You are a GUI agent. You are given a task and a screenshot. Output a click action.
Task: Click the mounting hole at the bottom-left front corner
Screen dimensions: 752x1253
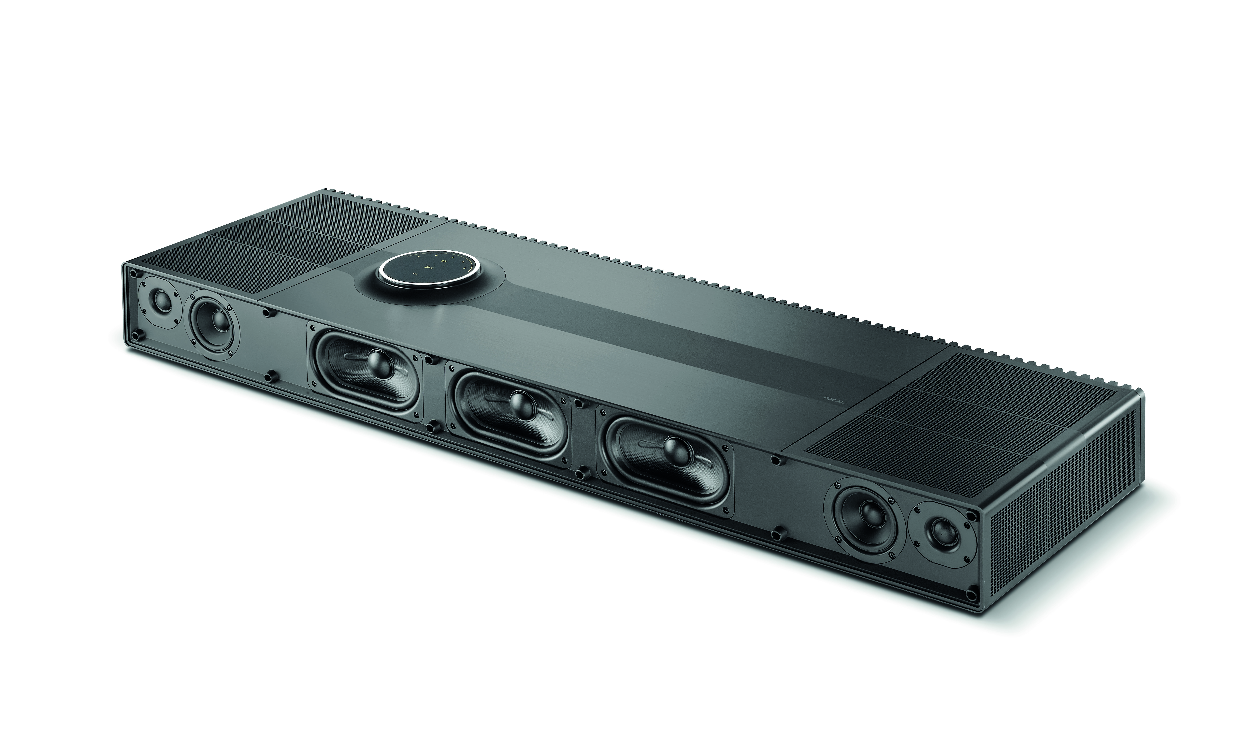pos(136,335)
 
